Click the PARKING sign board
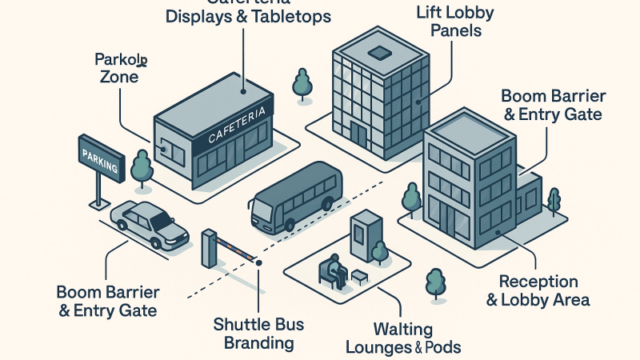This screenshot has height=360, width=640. coord(99,159)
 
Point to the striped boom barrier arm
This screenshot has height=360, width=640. coord(236,247)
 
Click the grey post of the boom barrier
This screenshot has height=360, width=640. coord(209,250)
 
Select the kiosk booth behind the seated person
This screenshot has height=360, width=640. coord(363,236)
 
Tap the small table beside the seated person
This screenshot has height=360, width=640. coord(360,277)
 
